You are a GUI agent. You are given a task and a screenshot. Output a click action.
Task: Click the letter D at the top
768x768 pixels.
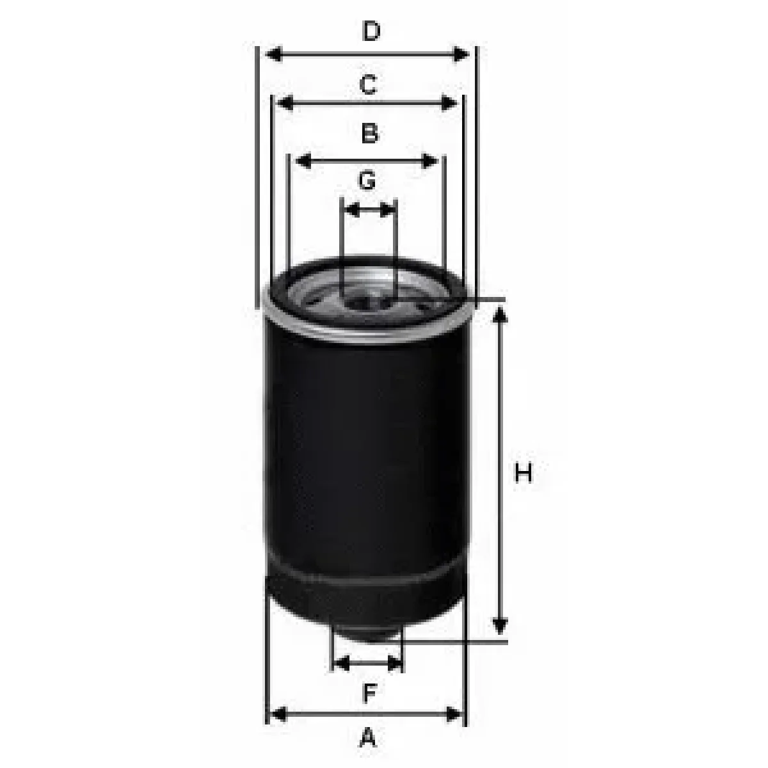371,31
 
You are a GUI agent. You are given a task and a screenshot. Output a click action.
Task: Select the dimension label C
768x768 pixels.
368,84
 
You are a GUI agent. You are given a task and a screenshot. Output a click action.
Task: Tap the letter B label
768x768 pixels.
369,133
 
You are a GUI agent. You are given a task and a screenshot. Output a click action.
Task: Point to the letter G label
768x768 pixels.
367,180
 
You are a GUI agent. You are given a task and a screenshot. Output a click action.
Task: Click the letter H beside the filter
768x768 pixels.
524,473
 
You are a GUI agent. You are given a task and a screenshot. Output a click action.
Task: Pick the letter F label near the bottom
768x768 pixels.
369,693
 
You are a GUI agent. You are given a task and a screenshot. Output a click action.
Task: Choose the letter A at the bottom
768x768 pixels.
368,737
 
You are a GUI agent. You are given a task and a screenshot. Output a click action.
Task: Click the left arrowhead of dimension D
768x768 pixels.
274,54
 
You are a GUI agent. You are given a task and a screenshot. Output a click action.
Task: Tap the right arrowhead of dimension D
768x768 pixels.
461,54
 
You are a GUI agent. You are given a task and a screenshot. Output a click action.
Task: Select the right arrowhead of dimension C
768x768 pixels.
449,103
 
